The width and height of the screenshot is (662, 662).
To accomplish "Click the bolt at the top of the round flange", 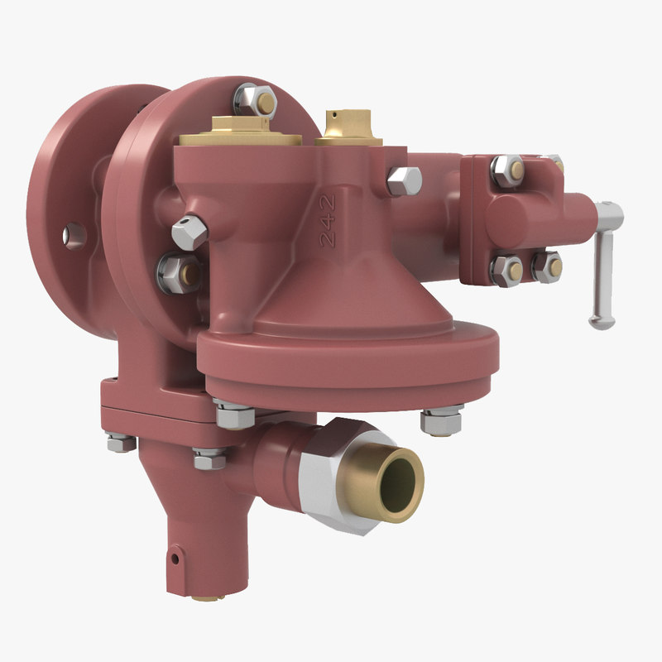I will (x=255, y=100).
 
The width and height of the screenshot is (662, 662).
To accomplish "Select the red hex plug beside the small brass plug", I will (x=403, y=180).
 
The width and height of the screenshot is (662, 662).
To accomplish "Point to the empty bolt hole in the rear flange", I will (x=74, y=235).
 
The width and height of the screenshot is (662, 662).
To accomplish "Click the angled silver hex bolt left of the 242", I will (x=190, y=231).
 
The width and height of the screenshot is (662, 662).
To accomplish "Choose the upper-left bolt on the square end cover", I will (x=507, y=170).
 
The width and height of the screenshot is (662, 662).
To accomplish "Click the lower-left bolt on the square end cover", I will (x=506, y=270).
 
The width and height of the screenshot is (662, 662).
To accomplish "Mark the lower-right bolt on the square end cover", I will (x=547, y=266).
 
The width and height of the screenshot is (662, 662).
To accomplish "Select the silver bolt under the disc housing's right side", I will (x=439, y=420).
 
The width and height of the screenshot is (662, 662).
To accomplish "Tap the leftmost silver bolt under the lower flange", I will (x=121, y=443).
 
